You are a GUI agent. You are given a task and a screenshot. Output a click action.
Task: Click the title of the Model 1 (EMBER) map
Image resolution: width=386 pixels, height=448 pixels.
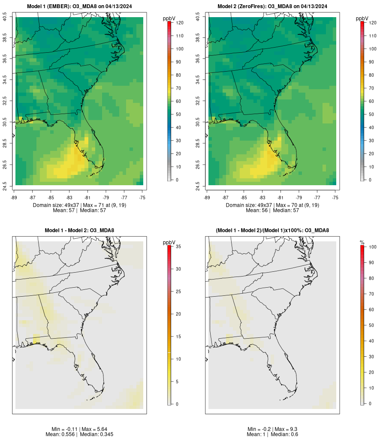click(x=79, y=6)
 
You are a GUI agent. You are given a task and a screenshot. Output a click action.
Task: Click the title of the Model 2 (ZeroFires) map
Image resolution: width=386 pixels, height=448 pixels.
click(x=272, y=6)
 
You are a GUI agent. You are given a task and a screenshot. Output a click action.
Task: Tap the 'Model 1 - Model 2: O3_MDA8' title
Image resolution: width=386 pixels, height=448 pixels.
click(x=79, y=231)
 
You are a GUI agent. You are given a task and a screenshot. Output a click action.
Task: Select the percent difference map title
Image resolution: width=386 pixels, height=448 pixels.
click(x=272, y=231)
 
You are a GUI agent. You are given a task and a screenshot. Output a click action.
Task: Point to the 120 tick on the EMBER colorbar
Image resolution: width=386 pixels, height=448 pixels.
click(x=179, y=23)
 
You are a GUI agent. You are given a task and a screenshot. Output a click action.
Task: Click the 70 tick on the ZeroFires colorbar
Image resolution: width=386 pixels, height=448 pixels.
click(x=372, y=88)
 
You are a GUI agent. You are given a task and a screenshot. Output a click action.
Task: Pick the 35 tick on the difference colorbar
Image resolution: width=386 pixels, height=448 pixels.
click(x=179, y=247)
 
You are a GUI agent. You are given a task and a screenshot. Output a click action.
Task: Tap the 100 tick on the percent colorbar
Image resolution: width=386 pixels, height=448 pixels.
click(x=372, y=247)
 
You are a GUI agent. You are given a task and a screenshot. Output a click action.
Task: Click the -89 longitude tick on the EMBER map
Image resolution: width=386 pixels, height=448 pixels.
click(x=15, y=198)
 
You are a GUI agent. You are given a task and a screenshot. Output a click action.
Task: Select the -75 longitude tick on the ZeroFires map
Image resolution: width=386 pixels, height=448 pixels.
click(x=335, y=198)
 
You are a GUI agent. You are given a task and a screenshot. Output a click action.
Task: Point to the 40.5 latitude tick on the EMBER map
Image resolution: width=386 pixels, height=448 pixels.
click(x=5, y=17)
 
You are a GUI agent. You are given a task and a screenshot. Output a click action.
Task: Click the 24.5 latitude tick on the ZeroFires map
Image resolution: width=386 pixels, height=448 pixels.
click(x=198, y=185)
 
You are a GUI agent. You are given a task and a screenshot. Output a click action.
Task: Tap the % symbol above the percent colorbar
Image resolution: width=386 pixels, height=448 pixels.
click(x=362, y=243)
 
